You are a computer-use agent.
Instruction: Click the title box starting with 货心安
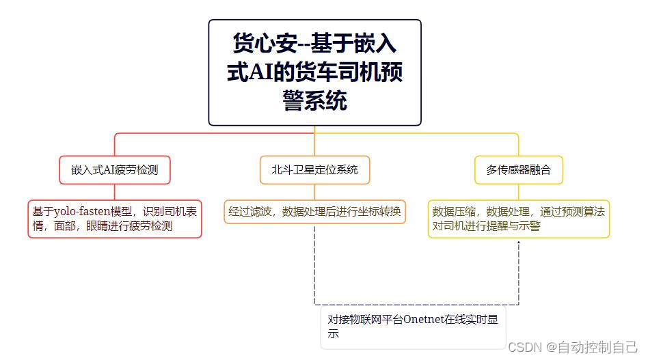tap(314, 72)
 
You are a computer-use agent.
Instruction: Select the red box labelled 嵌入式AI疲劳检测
tap(115, 170)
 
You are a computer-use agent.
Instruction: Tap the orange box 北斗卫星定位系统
tap(314, 170)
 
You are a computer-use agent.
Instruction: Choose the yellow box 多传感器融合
tap(519, 170)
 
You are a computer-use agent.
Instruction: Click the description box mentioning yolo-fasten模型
tap(115, 219)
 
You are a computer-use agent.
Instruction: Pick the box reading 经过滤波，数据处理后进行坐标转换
tap(314, 211)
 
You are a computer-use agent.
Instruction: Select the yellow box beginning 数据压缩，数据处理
tap(519, 219)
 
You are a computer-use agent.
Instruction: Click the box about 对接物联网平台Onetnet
tap(413, 327)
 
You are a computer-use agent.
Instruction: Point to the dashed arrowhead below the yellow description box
tap(519, 243)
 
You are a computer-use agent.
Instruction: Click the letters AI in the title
tap(259, 72)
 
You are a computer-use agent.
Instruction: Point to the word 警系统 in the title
tap(314, 101)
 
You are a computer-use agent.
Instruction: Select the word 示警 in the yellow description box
tap(530, 226)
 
